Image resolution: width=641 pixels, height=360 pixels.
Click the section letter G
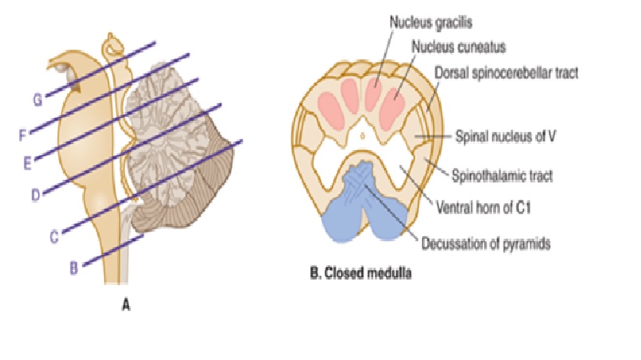37,100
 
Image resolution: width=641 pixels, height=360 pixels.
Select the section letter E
28,163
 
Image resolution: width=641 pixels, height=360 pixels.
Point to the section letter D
36,195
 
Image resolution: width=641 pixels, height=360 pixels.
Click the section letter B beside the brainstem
74,268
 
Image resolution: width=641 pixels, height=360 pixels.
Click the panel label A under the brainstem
125,306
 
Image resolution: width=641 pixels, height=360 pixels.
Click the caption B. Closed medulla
356,275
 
